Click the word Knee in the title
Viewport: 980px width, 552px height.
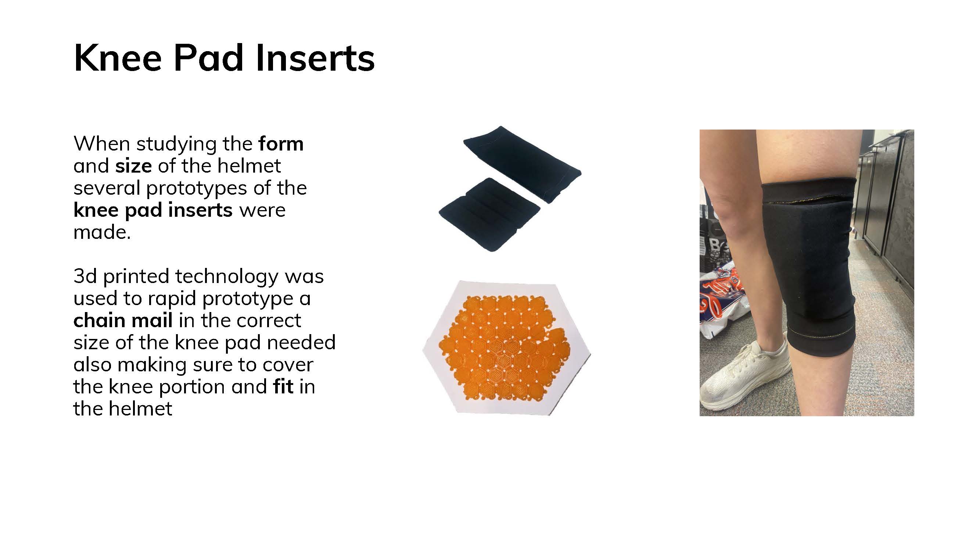click(118, 58)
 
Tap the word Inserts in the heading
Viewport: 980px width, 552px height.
click(315, 58)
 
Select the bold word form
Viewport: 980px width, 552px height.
click(281, 144)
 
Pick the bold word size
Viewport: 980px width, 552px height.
click(133, 166)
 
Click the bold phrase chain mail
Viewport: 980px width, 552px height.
click(123, 320)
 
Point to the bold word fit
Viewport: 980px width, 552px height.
click(283, 386)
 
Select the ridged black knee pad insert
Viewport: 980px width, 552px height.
click(489, 215)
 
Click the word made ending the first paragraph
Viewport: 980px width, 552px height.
click(102, 232)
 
